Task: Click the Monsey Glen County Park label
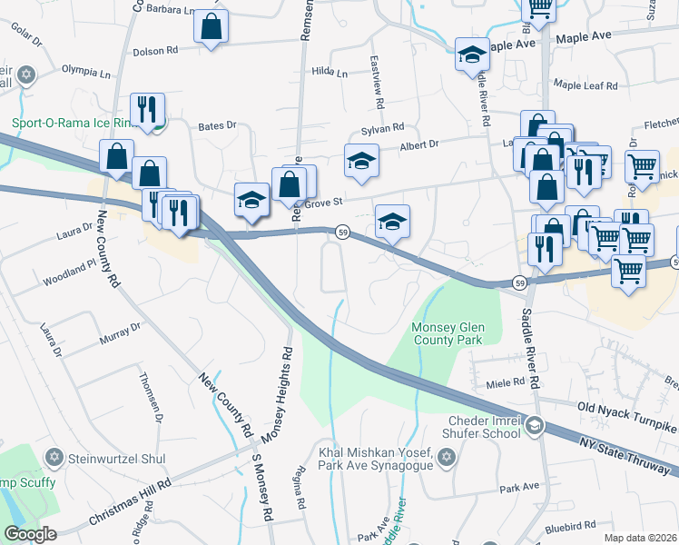[449, 333]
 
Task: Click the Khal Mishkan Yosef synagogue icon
[445, 460]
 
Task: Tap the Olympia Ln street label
[85, 69]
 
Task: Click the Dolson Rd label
[153, 52]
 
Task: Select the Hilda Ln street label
[330, 72]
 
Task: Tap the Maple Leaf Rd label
[586, 86]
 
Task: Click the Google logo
[30, 533]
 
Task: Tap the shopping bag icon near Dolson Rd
[211, 28]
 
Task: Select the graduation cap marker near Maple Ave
[472, 56]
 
